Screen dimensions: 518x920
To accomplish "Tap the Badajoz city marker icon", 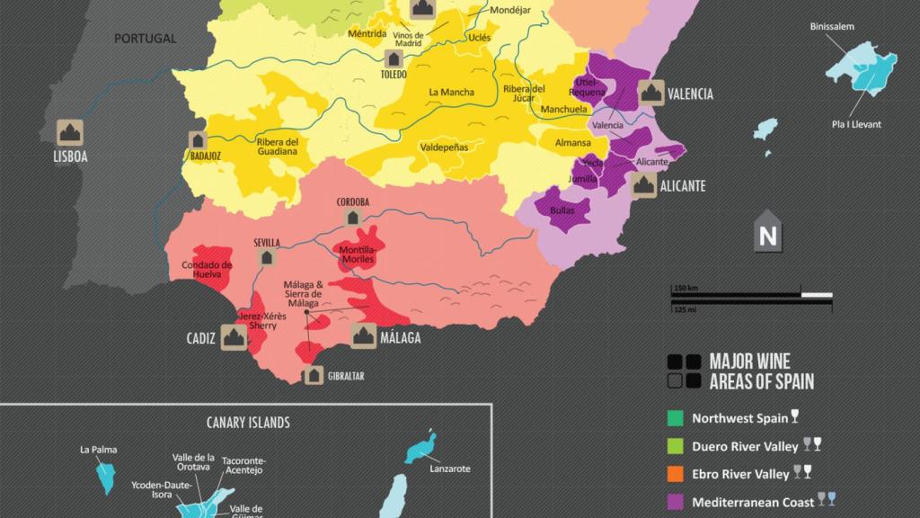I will click(x=198, y=140).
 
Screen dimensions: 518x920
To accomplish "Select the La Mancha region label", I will click(x=451, y=92).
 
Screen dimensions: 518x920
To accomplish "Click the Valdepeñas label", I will click(x=446, y=146).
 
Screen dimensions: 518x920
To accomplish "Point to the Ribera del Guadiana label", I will click(x=277, y=147).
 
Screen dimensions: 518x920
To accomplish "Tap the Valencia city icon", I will click(x=650, y=93).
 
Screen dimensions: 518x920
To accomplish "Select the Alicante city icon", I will click(x=642, y=185).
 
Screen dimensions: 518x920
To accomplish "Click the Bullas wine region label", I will click(x=562, y=210).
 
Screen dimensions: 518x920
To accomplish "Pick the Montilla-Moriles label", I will click(x=358, y=255).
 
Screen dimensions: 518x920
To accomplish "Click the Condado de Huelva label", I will click(x=207, y=270).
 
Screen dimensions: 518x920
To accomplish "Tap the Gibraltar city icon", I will click(x=314, y=375).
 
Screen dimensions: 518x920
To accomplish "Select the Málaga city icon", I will click(x=363, y=336).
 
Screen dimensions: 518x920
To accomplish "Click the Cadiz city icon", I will click(x=234, y=337).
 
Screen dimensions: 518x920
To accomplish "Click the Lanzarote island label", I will click(x=449, y=469).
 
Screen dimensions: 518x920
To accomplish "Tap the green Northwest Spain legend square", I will click(x=676, y=418).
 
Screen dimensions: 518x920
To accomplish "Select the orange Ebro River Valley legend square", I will click(x=676, y=474).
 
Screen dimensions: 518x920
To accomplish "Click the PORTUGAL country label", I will click(x=145, y=39).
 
